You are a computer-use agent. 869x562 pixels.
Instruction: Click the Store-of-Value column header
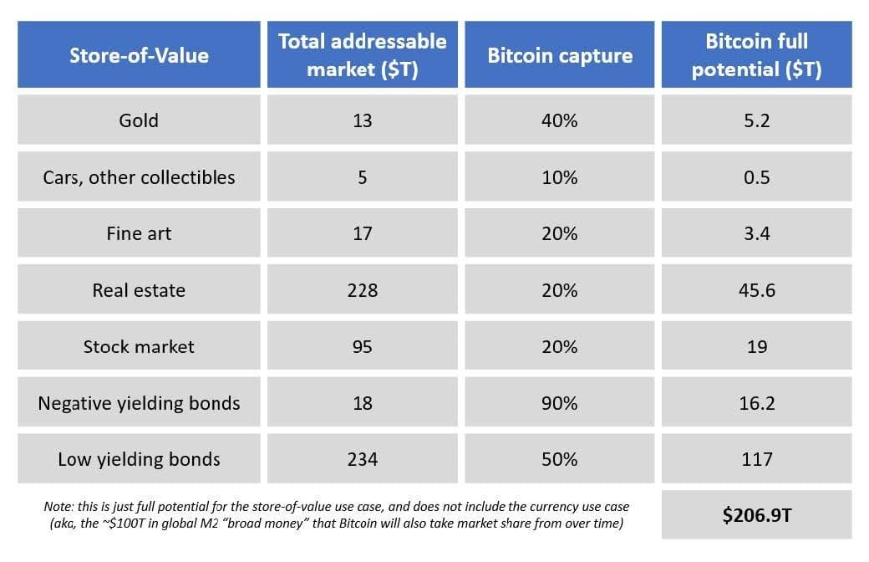(139, 55)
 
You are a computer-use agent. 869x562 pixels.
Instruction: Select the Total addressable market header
(362, 55)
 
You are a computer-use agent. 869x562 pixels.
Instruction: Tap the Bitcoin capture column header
(559, 55)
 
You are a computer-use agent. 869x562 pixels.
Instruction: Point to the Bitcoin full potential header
(756, 55)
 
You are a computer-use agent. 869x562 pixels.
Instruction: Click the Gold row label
(139, 120)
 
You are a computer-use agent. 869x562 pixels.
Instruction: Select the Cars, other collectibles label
(139, 177)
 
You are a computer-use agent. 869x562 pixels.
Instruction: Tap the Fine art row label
(139, 233)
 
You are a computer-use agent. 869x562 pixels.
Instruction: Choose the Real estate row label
(139, 290)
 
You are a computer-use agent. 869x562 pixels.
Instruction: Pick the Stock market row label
(139, 346)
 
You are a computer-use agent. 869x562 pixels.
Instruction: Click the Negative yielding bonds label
(139, 403)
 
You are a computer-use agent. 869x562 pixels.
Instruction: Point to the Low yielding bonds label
(139, 459)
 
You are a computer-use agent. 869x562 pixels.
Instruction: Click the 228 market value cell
(362, 290)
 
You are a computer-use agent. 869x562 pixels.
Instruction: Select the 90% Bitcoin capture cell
(559, 403)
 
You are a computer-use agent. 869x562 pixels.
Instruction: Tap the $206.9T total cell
(756, 515)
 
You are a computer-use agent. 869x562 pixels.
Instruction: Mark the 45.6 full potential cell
(756, 290)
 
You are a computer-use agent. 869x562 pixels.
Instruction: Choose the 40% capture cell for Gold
(559, 120)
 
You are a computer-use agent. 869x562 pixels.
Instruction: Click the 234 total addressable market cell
(362, 459)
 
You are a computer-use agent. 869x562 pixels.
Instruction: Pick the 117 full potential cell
(756, 459)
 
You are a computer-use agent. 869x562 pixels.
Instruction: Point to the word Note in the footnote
(58, 507)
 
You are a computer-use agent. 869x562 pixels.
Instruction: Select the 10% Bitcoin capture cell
(559, 177)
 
